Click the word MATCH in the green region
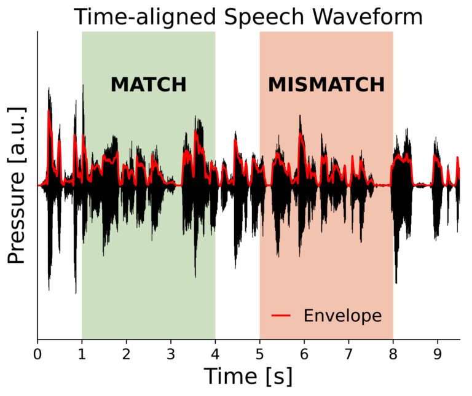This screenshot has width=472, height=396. pos(148,85)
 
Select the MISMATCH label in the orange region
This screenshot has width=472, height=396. pos(326,85)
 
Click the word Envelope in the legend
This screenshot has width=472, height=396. pos(342,316)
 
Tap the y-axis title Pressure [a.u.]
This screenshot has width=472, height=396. pos(17,185)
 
